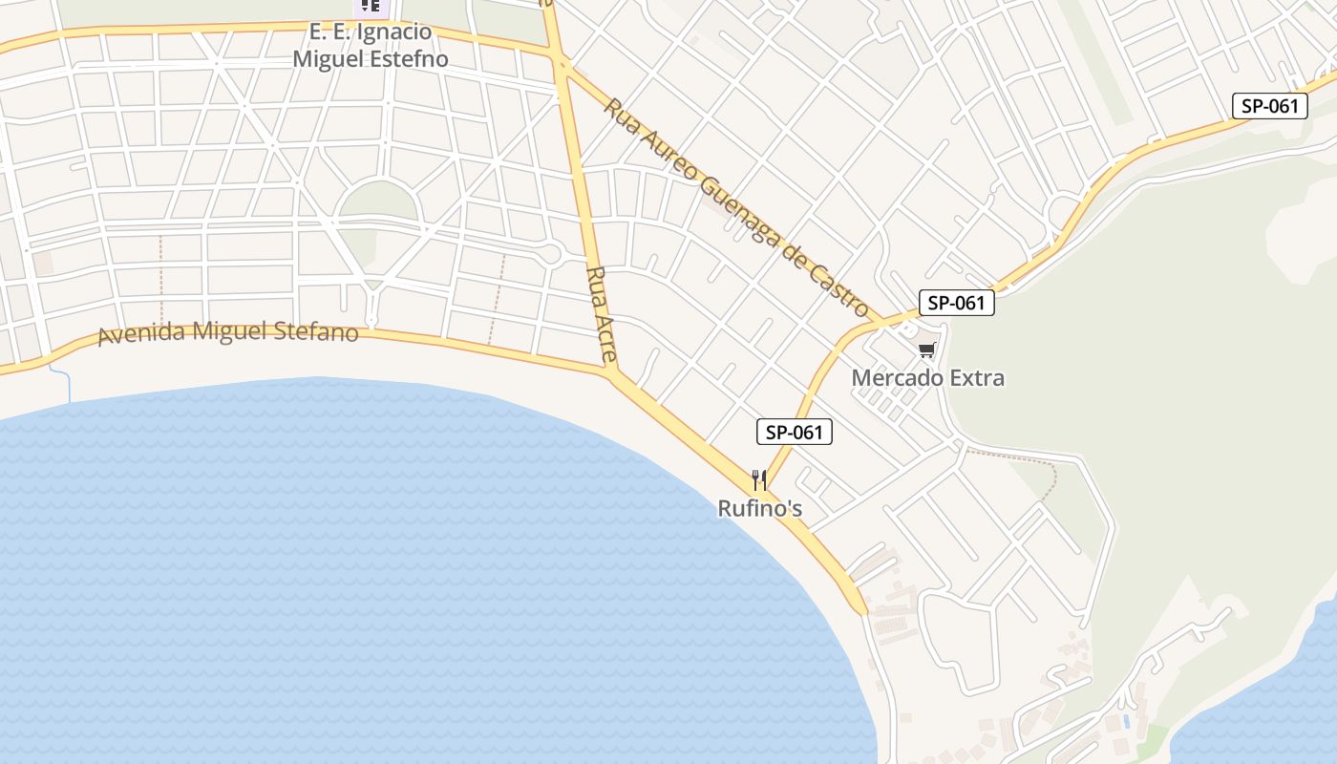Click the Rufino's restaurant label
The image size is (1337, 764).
(x=760, y=509)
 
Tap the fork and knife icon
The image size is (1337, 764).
(x=759, y=478)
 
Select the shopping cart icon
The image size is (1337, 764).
(x=926, y=350)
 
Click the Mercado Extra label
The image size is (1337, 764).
(x=927, y=378)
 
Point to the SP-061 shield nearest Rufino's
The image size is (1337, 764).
(x=795, y=432)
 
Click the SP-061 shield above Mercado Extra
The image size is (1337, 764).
(x=956, y=303)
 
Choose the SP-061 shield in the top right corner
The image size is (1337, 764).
(x=1269, y=106)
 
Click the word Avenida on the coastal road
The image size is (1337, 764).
(x=142, y=334)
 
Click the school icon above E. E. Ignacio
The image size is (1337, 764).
(x=371, y=6)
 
